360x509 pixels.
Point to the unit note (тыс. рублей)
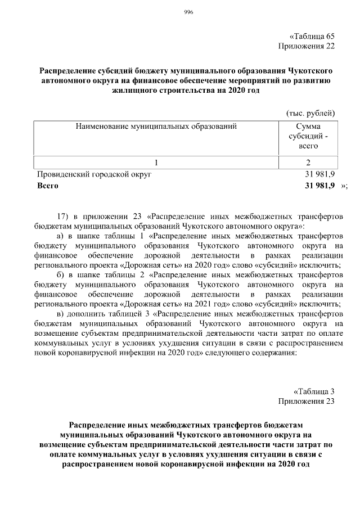pos(310,114)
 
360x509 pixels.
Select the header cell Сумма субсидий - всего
pos(308,136)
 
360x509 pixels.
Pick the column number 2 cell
pos(308,163)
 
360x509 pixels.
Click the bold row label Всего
pos(47,185)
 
